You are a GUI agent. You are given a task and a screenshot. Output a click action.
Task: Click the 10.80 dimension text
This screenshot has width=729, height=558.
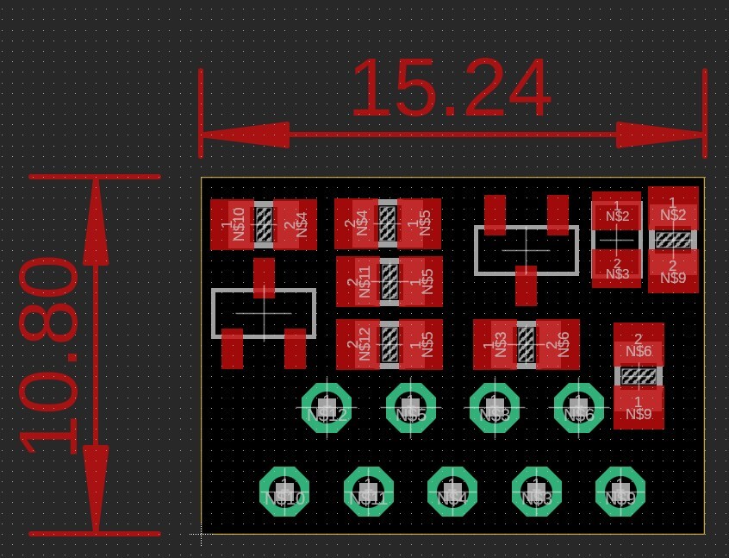point(50,356)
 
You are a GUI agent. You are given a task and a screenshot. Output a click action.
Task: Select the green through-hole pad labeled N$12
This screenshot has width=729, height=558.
point(327,407)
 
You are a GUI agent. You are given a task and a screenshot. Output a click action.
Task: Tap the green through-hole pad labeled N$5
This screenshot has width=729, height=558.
point(411,407)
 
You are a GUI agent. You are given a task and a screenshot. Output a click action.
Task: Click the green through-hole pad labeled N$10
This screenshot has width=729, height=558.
point(284,491)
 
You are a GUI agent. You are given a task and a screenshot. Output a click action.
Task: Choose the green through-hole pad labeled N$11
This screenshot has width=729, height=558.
point(368,491)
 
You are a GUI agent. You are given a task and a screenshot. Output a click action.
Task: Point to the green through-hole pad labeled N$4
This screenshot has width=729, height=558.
point(452,491)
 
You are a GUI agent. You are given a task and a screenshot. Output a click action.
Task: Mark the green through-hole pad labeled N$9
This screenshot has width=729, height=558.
point(620,491)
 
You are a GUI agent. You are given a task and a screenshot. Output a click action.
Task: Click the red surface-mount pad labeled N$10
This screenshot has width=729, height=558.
point(232,225)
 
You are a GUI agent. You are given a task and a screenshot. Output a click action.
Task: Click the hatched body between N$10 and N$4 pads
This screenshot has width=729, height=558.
point(264,225)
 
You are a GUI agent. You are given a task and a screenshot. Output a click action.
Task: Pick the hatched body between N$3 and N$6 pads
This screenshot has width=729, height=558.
point(526,344)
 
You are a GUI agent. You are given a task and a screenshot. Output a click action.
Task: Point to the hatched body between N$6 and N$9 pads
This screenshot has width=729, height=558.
point(639,376)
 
